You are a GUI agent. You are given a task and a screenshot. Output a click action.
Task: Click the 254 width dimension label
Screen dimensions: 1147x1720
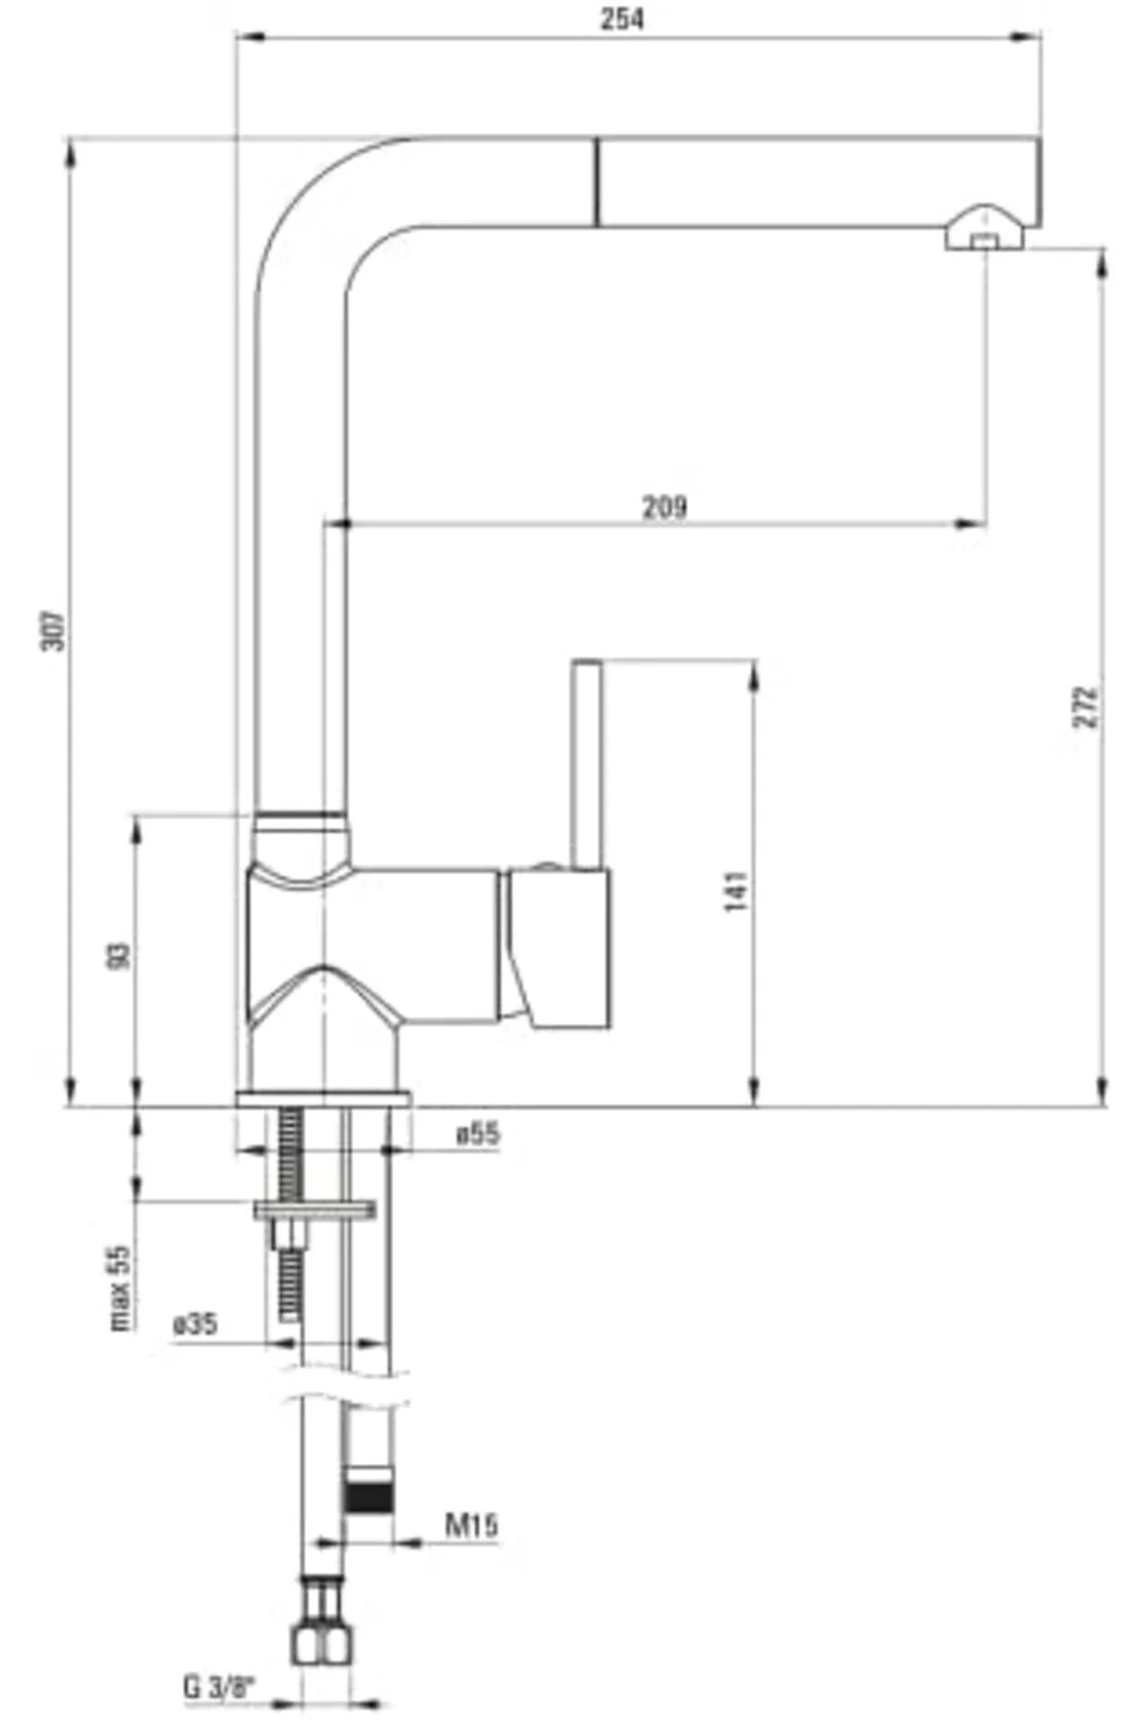pos(621,19)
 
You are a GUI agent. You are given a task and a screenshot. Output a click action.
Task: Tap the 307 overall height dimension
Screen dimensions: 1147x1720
pos(54,632)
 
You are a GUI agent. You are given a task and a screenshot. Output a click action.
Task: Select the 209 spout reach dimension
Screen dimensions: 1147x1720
pos(663,505)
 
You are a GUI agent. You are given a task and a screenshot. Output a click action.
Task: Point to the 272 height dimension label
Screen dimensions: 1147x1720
pos(1087,707)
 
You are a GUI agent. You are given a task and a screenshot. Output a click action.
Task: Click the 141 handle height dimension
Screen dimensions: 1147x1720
pos(737,891)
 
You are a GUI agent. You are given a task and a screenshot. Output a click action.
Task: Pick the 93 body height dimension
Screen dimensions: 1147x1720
pos(119,956)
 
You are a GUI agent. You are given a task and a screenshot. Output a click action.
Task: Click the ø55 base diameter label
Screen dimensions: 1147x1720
pos(478,1134)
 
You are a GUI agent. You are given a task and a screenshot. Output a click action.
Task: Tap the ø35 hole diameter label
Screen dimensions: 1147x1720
pos(194,1324)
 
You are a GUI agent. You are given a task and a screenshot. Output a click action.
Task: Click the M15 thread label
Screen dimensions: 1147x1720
pos(471,1524)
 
